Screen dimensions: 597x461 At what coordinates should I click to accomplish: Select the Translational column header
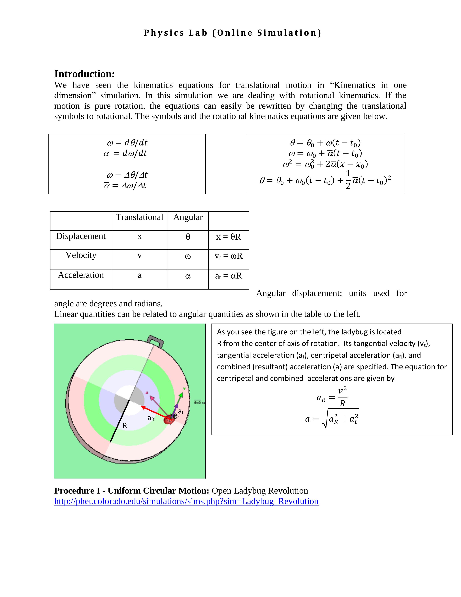139,217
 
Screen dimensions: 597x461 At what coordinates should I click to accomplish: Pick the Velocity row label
81,255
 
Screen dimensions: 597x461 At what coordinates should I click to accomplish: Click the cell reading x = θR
229,237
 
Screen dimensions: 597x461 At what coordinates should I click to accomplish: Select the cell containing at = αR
229,276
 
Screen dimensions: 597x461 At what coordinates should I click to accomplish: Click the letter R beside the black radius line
125,426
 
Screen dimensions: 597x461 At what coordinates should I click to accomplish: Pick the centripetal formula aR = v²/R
332,397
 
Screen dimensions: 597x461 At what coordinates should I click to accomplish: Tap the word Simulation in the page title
289,33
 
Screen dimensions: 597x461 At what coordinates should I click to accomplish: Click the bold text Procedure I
77,491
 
